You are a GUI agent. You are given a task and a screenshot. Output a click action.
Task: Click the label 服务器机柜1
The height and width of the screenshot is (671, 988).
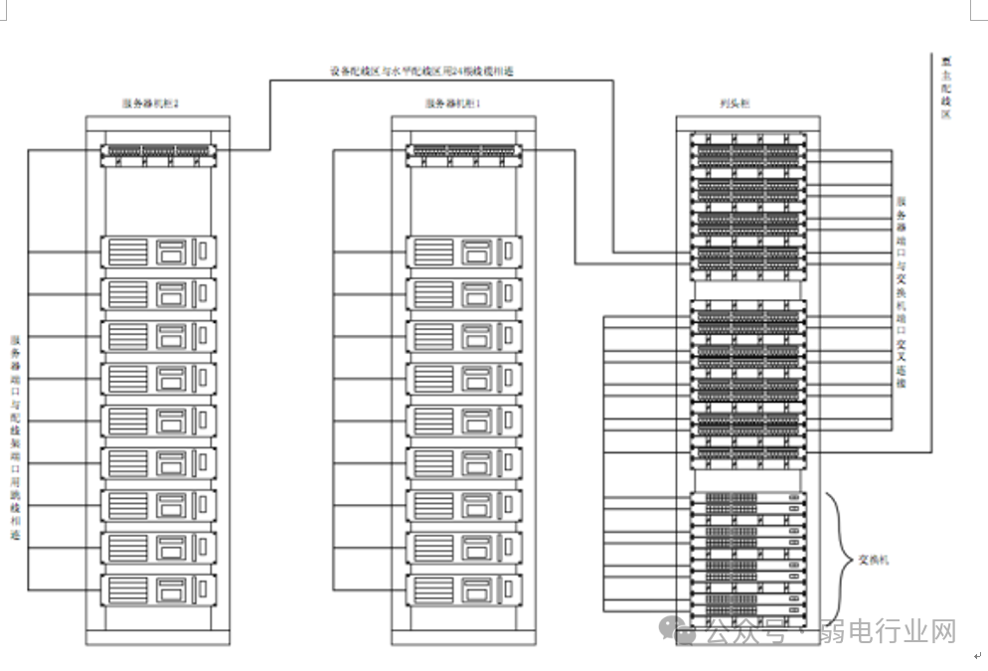pyautogui.click(x=453, y=103)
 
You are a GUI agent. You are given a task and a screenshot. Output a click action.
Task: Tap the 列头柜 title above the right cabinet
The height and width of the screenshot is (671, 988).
pyautogui.click(x=737, y=103)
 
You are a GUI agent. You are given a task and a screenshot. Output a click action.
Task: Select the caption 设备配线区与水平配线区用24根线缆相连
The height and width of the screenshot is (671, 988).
pyautogui.click(x=422, y=72)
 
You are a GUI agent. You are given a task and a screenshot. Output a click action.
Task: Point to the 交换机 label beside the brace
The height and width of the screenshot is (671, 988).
pyautogui.click(x=874, y=560)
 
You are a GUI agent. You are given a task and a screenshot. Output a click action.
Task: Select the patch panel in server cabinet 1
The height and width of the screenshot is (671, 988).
pyautogui.click(x=463, y=152)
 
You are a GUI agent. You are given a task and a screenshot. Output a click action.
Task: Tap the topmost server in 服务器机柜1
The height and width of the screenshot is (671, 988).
pyautogui.click(x=463, y=251)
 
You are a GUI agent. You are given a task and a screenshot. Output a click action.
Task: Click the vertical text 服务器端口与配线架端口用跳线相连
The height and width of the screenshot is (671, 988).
pyautogui.click(x=15, y=437)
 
